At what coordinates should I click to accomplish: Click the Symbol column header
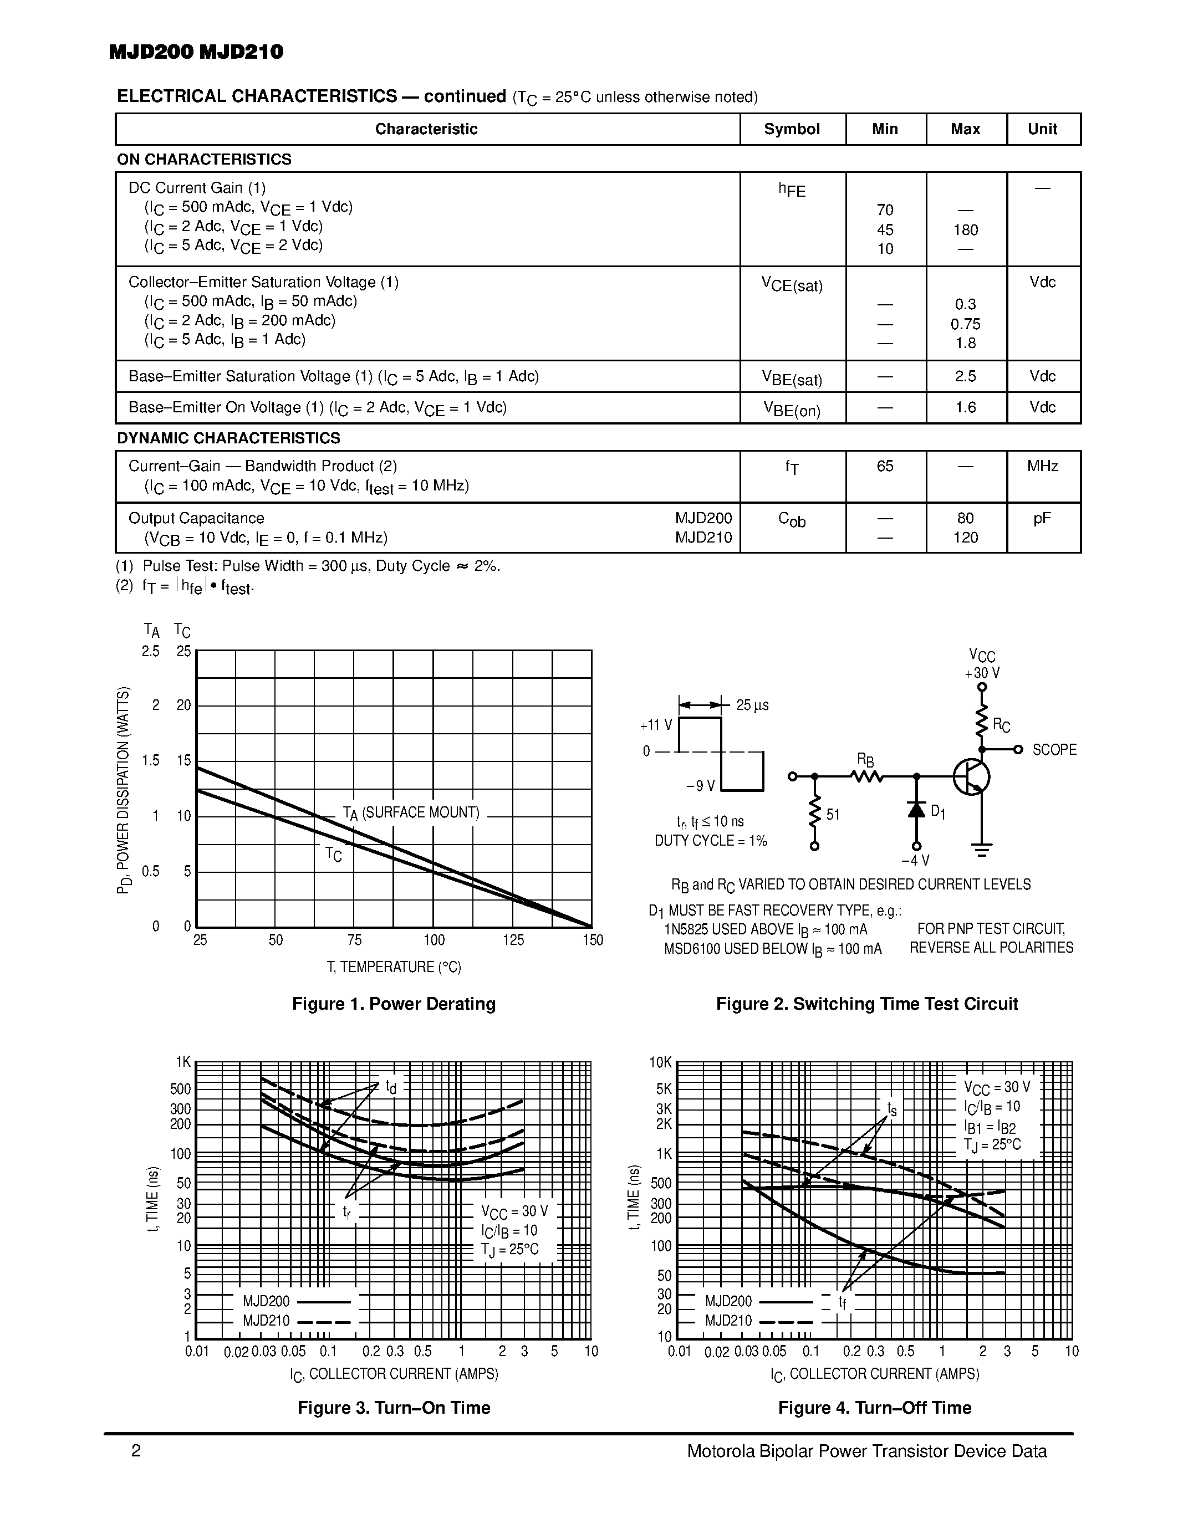click(x=792, y=129)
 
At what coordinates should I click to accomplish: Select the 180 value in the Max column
click(x=965, y=229)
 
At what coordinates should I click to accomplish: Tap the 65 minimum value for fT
click(x=885, y=466)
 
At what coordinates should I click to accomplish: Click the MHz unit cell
click(x=1042, y=466)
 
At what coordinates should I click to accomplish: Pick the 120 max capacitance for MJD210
click(x=965, y=538)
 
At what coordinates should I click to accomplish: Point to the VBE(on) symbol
click(x=792, y=409)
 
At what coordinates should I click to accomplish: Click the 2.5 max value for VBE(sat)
click(x=965, y=376)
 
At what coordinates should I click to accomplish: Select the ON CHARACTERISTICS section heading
click(x=204, y=159)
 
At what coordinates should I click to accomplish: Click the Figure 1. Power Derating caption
click(x=394, y=1004)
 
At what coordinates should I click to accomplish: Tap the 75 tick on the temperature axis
click(x=355, y=940)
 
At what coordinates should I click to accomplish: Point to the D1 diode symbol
click(x=916, y=810)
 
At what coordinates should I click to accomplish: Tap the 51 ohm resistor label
click(x=833, y=814)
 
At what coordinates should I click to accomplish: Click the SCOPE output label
click(x=1054, y=749)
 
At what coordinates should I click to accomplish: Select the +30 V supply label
click(x=982, y=673)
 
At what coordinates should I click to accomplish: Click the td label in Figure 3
click(x=391, y=1087)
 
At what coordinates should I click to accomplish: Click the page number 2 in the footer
click(x=136, y=1451)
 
